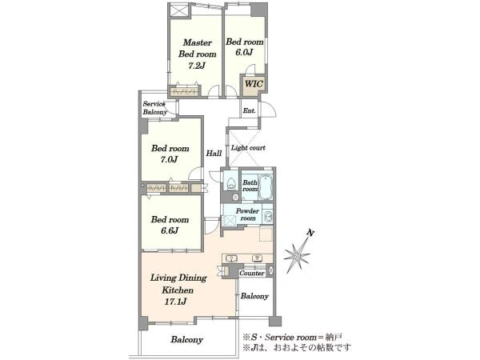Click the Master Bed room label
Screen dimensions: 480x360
click(197, 48)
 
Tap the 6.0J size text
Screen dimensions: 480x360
click(244, 52)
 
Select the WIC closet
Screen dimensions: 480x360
click(254, 84)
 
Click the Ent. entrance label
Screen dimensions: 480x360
click(249, 110)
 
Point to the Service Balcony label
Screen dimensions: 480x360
click(154, 108)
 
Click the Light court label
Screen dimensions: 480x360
click(248, 148)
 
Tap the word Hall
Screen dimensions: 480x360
click(214, 153)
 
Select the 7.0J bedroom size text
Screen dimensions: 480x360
click(170, 159)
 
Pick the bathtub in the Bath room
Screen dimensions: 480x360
click(265, 186)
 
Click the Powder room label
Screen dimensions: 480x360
click(247, 214)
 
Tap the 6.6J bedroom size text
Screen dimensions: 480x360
click(170, 230)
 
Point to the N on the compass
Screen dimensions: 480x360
click(310, 234)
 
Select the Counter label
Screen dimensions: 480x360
click(252, 273)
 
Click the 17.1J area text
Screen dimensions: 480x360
click(176, 302)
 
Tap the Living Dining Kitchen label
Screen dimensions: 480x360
click(178, 284)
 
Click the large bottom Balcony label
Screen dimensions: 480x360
click(186, 339)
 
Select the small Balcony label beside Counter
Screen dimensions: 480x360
click(254, 296)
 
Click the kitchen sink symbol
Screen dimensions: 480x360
click(231, 258)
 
